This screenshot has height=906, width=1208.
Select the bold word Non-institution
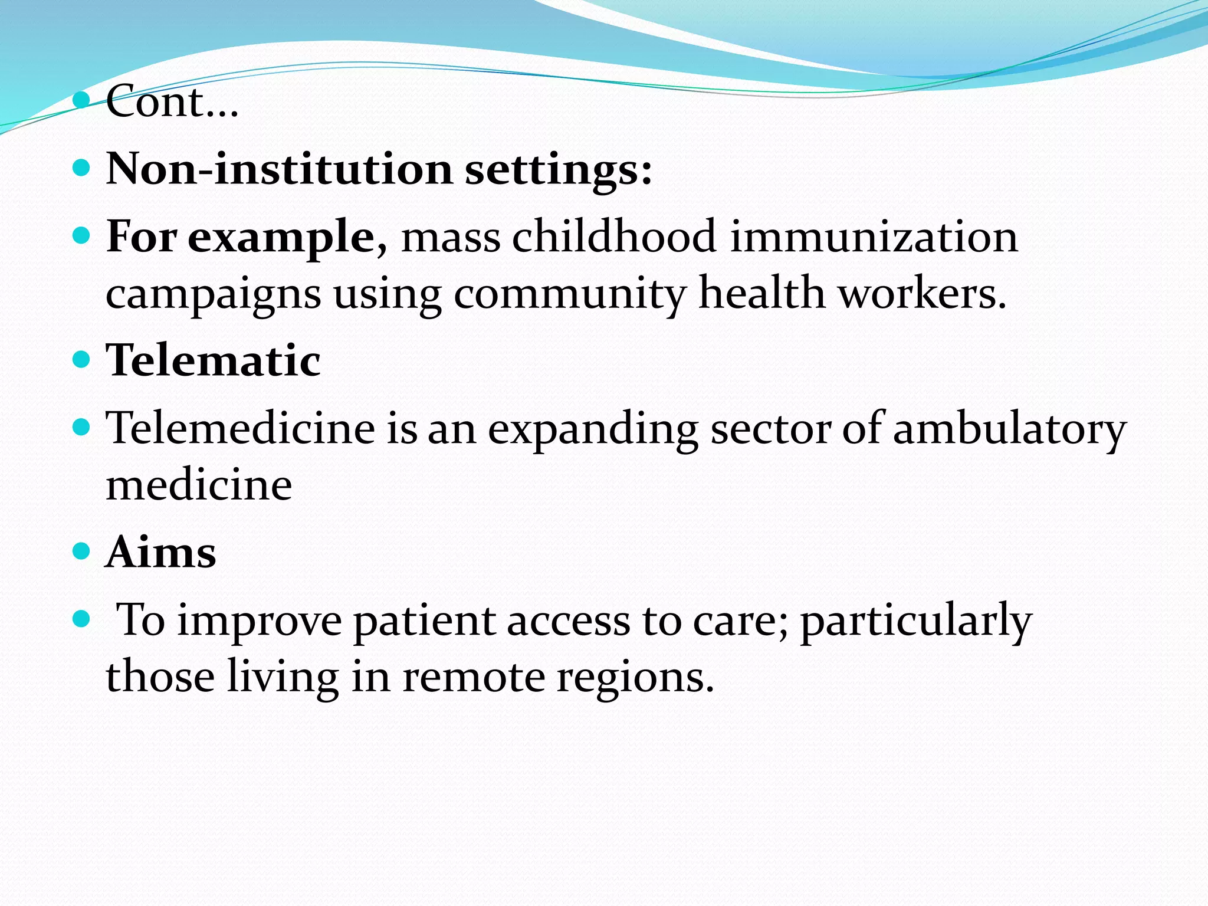click(279, 169)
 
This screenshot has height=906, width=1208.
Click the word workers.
click(923, 293)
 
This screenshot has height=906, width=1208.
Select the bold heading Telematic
click(213, 360)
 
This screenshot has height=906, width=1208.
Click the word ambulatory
click(1009, 429)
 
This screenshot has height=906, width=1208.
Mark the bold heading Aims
click(161, 553)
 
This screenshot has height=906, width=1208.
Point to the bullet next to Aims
click(81, 552)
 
